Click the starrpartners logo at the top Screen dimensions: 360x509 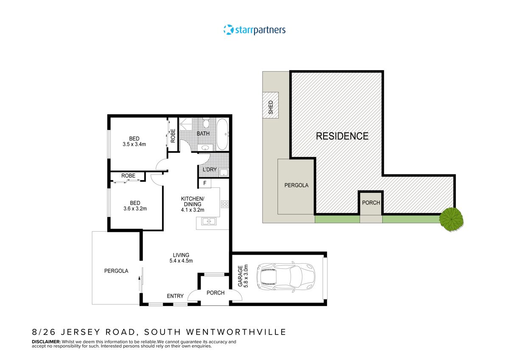click(255, 30)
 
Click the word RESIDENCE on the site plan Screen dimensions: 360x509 click(342, 136)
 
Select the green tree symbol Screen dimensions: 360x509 click(451, 219)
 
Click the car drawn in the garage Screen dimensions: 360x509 click(286, 276)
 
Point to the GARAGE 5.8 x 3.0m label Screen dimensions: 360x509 click(242, 276)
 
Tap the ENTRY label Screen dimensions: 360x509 click(175, 296)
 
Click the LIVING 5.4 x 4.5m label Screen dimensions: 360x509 click(181, 258)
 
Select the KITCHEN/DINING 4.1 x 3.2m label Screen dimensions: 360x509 click(193, 204)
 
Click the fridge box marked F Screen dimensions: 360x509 click(205, 183)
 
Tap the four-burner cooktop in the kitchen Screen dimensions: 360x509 click(225, 204)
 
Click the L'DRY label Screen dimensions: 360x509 click(210, 170)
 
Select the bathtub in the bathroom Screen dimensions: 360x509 click(223, 134)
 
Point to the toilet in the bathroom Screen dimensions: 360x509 click(206, 124)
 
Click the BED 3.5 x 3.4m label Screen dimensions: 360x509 click(134, 141)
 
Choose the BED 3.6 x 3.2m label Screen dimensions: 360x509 click(134, 205)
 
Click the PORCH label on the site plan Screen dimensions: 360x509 click(371, 202)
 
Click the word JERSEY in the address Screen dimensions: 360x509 click(84, 332)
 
